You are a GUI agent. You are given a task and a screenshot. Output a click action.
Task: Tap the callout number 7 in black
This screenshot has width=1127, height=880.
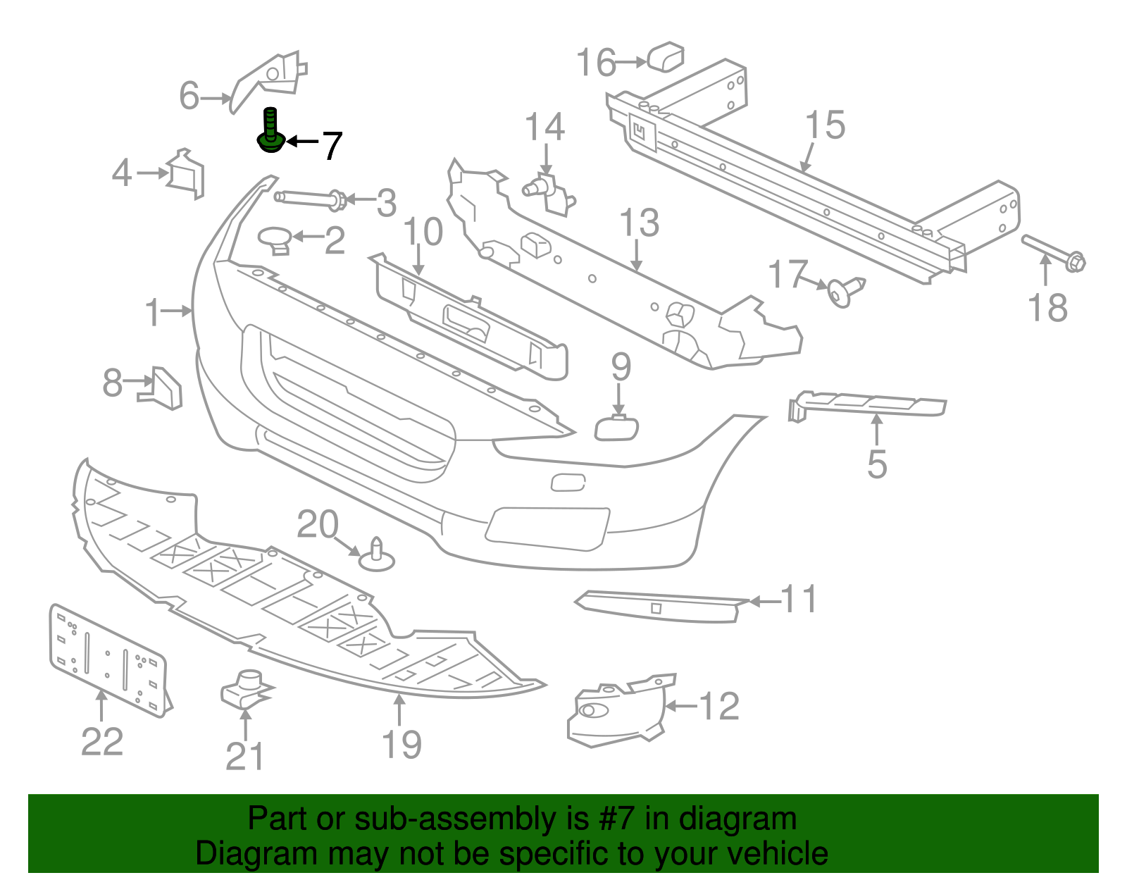[x=332, y=146]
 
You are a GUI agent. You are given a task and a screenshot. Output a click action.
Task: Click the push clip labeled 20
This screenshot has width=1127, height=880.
[x=377, y=556]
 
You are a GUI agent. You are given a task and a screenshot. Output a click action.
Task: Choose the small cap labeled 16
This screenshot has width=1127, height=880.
[x=666, y=57]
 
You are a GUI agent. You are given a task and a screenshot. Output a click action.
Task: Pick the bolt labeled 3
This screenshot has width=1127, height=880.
[x=310, y=199]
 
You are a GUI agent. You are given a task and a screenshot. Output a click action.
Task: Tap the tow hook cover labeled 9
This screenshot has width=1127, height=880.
[x=617, y=428]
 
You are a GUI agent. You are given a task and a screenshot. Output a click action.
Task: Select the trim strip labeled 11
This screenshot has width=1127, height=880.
[x=659, y=607]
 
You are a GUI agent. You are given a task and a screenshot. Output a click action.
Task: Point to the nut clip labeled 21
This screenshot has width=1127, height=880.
[x=244, y=689]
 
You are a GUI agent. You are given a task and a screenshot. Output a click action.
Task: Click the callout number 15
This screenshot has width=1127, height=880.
[x=825, y=125]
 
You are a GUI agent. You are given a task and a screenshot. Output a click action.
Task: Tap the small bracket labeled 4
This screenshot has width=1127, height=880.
[x=186, y=173]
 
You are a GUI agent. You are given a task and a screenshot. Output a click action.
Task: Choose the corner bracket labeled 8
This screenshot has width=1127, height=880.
[x=163, y=388]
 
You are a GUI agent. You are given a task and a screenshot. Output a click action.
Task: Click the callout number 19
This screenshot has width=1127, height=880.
[x=401, y=744]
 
